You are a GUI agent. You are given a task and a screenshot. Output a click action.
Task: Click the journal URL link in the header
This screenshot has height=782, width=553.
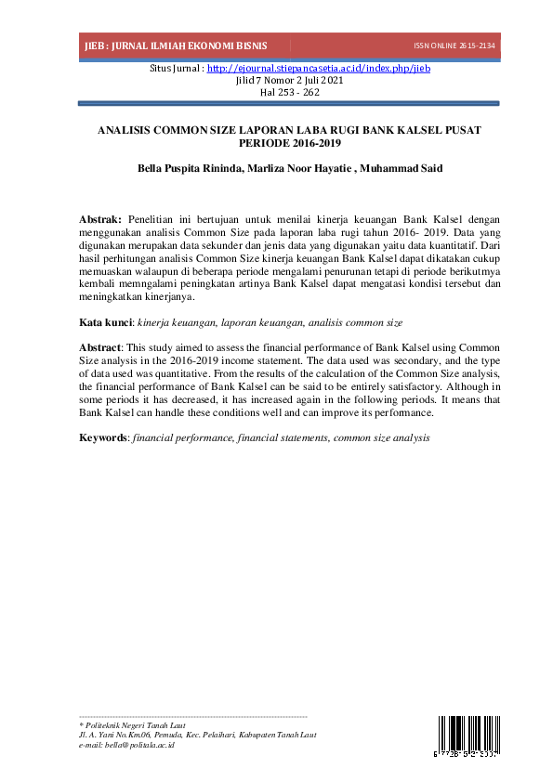(318, 68)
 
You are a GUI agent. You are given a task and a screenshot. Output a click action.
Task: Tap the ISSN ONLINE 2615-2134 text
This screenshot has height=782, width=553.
(454, 46)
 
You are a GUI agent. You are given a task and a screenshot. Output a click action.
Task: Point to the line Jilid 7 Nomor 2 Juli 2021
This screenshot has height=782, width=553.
(276, 80)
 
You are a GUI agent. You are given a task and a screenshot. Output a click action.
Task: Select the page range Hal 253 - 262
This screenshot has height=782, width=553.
(276, 92)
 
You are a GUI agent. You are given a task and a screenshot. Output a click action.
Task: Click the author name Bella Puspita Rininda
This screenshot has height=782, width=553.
(189, 169)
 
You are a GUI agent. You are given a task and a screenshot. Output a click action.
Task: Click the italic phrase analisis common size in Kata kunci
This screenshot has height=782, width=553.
(358, 322)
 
